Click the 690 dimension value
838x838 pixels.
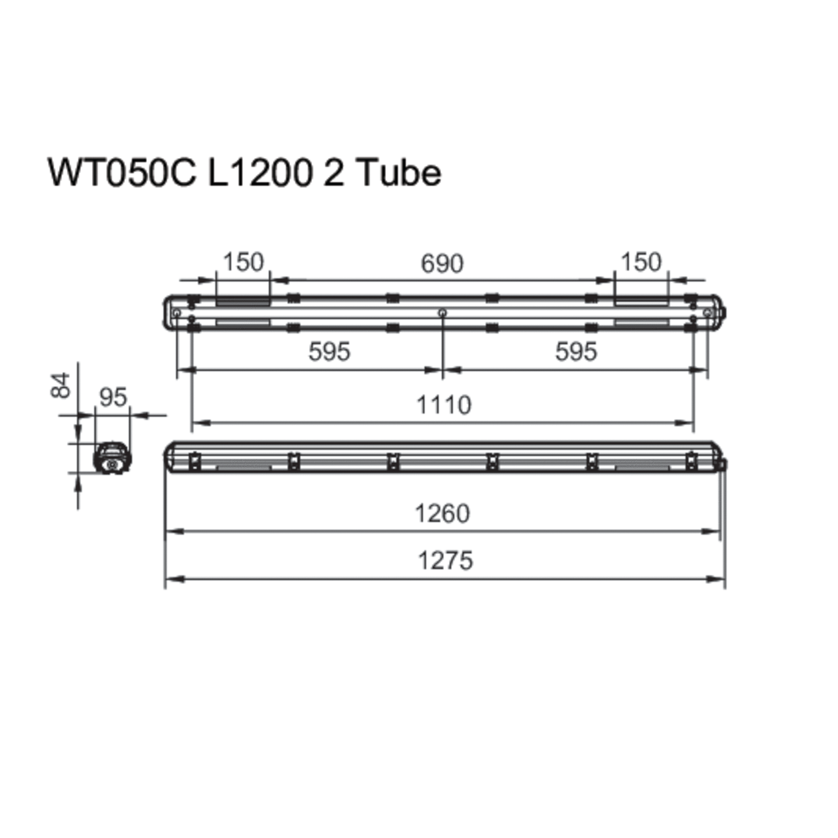[x=442, y=264]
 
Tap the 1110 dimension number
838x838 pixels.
[x=444, y=405]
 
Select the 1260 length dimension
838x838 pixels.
[x=442, y=514]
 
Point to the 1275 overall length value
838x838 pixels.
[x=445, y=561]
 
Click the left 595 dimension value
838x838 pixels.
[x=329, y=352]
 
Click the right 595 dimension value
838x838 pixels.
[x=576, y=352]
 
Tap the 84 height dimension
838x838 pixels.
[x=61, y=385]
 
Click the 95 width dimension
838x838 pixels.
[x=113, y=398]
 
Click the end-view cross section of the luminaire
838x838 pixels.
[x=113, y=458]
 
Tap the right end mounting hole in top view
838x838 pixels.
[x=707, y=313]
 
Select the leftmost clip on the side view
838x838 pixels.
[x=194, y=461]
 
